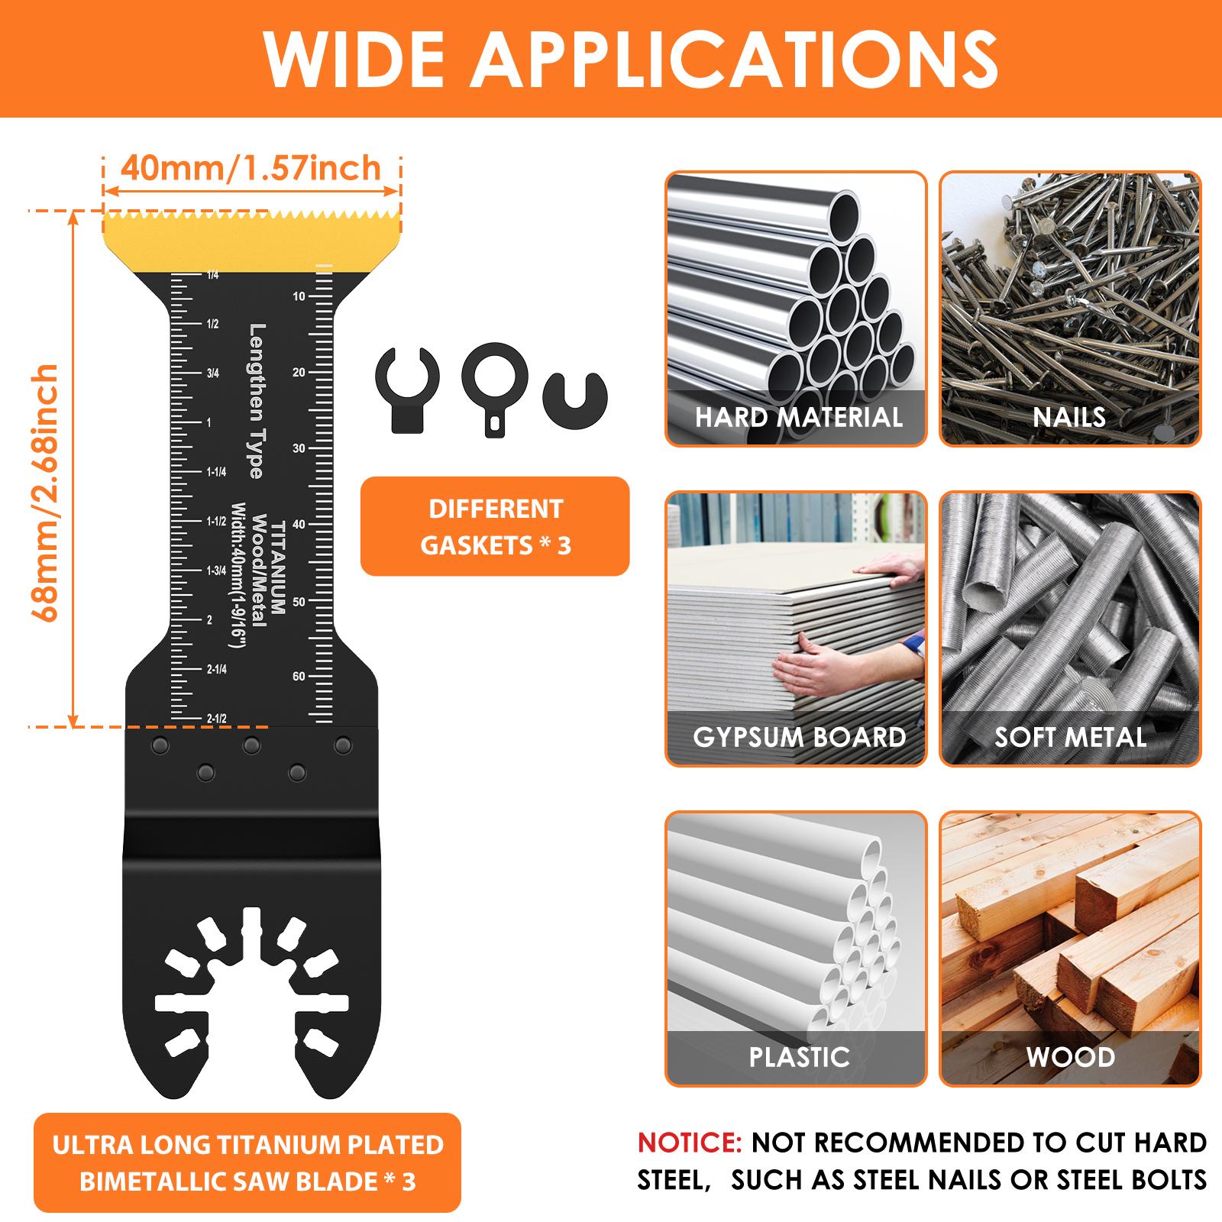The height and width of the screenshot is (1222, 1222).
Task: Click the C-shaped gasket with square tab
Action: point(404,389)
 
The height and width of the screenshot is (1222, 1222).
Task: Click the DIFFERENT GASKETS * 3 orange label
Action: point(495,527)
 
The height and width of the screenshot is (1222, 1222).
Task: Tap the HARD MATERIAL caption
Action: point(798,417)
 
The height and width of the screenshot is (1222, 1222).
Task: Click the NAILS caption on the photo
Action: point(1069,417)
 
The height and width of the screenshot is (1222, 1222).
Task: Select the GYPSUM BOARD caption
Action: point(799,737)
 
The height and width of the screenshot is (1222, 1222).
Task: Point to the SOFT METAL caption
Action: point(1070,737)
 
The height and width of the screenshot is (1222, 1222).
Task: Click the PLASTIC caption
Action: point(799,1057)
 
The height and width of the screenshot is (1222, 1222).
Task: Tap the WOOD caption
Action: point(1070,1057)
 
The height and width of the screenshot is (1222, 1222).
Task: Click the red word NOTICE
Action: point(690,1143)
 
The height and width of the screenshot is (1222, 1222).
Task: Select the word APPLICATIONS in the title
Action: point(733,60)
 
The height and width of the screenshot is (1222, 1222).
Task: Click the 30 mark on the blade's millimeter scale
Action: point(299,448)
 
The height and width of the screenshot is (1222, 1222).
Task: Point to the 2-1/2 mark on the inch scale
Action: point(216,719)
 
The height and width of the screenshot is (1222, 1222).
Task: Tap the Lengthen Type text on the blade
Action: point(257,401)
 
